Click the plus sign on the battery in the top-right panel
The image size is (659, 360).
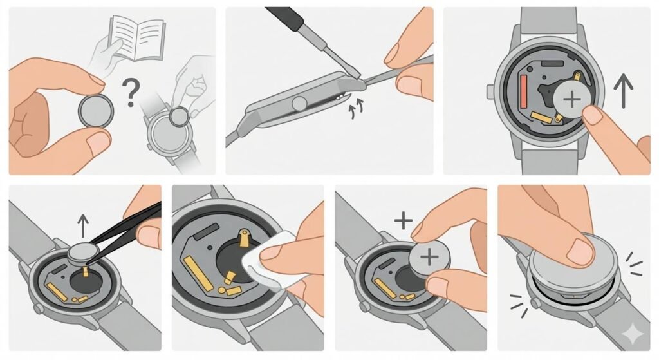pyautogui.click(x=571, y=99)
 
